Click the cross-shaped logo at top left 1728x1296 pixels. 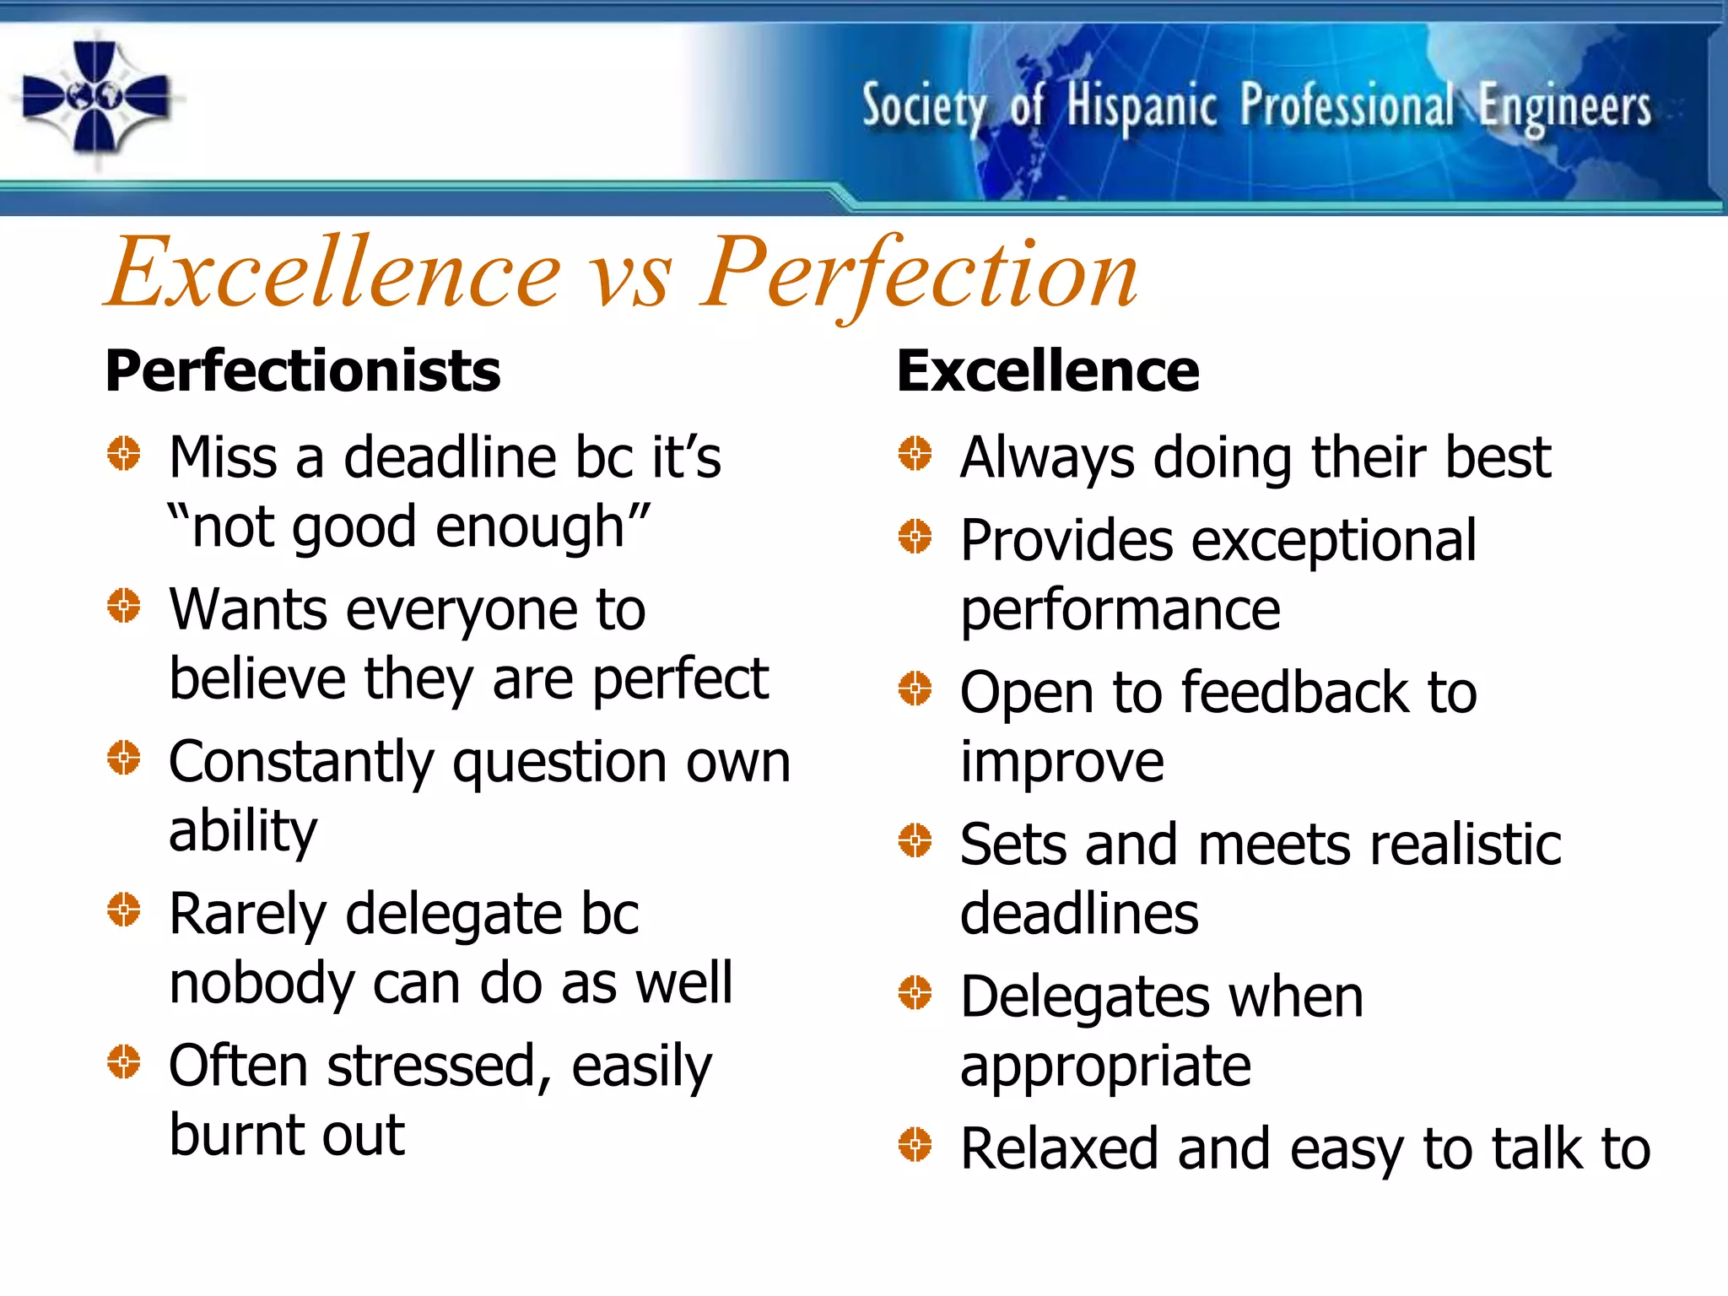[95, 98]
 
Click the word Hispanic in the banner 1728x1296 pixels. [1142, 108]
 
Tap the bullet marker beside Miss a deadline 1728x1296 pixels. [124, 454]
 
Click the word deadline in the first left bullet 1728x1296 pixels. [449, 458]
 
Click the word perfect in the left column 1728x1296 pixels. [680, 680]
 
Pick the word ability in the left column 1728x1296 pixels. [243, 832]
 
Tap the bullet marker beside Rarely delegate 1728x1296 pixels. [124, 910]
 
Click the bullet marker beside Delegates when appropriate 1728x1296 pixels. [915, 992]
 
